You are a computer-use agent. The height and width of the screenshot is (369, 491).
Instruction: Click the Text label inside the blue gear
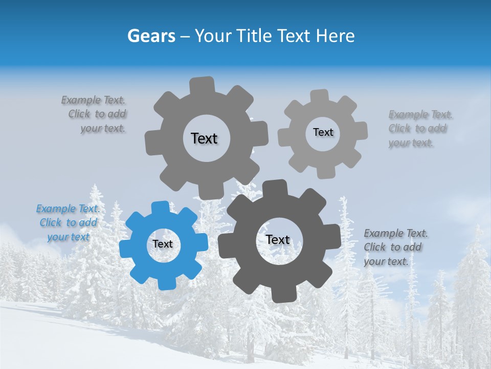click(163, 244)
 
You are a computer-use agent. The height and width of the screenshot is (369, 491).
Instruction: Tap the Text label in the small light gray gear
click(323, 132)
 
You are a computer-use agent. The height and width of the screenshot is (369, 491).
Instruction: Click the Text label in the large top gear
click(204, 138)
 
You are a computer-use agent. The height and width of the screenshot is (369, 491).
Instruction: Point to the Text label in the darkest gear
click(278, 240)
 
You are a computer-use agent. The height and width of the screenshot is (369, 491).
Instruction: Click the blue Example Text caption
click(68, 222)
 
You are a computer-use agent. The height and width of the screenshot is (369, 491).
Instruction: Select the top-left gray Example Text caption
click(95, 114)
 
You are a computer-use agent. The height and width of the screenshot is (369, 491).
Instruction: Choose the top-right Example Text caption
click(419, 128)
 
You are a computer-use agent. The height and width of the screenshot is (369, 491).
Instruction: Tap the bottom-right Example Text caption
click(395, 247)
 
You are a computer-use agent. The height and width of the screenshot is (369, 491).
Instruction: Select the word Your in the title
click(212, 36)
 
